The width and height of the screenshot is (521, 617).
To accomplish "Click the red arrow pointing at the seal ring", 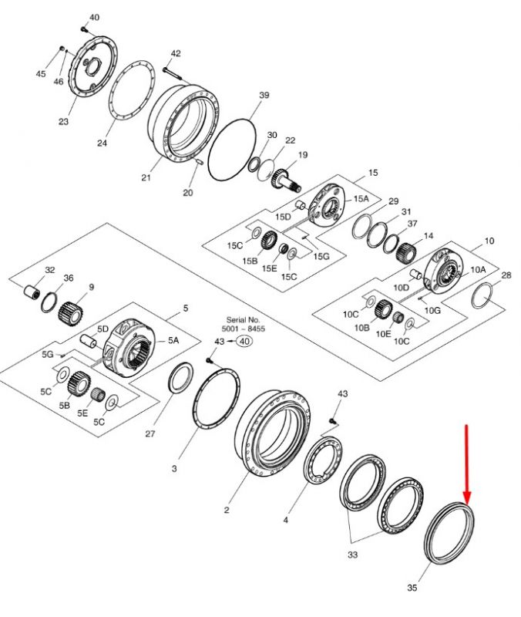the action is pos(467,464).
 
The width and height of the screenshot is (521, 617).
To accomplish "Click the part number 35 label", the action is pos(412,588).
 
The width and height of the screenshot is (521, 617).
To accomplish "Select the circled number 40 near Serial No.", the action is pos(244,341).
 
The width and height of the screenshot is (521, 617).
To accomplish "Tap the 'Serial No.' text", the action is pos(243,320).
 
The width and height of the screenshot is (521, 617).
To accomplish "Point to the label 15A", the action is pos(361,198).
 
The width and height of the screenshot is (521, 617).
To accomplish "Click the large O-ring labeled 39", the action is pos(232,150).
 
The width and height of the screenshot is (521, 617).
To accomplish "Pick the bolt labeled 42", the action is pos(172,73).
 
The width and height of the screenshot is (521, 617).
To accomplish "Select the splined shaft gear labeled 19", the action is pos(286,181).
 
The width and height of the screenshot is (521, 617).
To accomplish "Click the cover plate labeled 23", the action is pos(92,66).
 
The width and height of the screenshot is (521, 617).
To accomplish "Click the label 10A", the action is pos(478,269).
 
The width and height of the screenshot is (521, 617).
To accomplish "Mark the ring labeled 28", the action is pos(482,296).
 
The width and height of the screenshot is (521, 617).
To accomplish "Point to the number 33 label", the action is pos(353,555).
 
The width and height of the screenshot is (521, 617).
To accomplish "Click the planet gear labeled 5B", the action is pos(79,384).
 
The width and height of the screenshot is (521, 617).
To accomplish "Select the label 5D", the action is pos(103,329).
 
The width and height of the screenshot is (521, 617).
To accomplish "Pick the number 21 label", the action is pos(146,178).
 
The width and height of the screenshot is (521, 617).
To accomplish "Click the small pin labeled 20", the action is pos(199,161).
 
